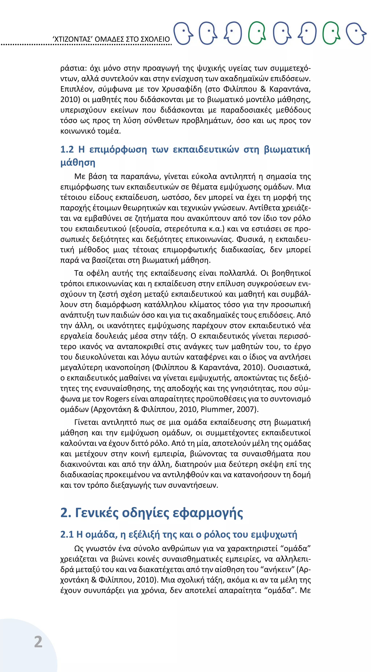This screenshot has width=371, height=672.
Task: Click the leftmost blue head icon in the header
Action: tap(183, 33)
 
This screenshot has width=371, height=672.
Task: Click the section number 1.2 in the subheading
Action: tap(67, 150)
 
